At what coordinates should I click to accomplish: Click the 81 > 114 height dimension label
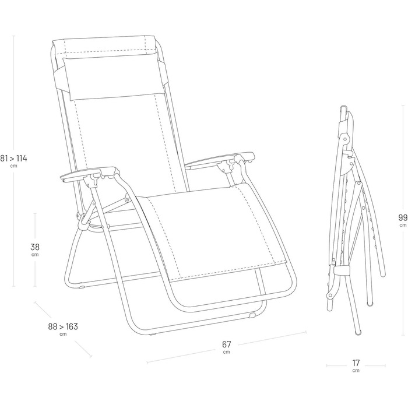[14, 158]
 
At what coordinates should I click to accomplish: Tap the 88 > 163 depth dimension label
[62, 326]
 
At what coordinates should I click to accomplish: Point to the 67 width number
[227, 344]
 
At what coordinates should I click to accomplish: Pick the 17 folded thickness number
[356, 363]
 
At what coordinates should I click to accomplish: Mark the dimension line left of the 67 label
[181, 356]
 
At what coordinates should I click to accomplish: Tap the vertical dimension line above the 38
[35, 224]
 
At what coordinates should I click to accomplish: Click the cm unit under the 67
[227, 353]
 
